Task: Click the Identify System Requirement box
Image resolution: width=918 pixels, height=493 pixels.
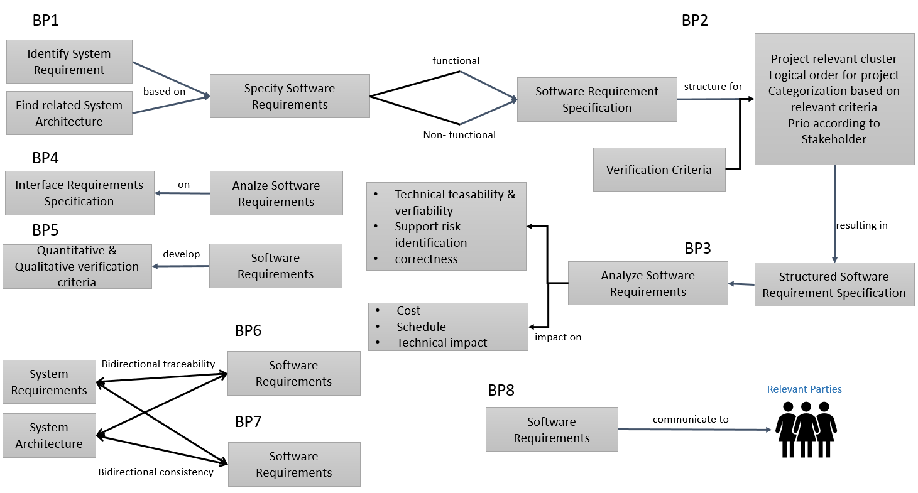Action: pyautogui.click(x=69, y=62)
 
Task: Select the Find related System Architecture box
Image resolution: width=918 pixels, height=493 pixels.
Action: pyautogui.click(x=69, y=113)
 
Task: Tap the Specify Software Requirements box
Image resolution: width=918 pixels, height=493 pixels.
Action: pyautogui.click(x=290, y=96)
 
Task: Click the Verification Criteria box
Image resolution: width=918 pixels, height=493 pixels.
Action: pyautogui.click(x=659, y=170)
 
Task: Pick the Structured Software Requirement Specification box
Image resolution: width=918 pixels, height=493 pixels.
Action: pyautogui.click(x=834, y=284)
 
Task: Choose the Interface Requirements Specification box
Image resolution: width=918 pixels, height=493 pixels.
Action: pyautogui.click(x=79, y=193)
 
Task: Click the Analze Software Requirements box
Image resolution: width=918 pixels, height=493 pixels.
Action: pyautogui.click(x=276, y=193)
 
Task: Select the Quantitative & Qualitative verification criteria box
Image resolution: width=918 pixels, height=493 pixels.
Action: pyautogui.click(x=77, y=266)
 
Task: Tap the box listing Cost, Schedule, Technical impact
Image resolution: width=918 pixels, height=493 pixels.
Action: pyautogui.click(x=448, y=327)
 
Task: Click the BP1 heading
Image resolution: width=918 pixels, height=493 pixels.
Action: pyautogui.click(x=45, y=21)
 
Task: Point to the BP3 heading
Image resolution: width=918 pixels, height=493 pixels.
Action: pyautogui.click(x=697, y=249)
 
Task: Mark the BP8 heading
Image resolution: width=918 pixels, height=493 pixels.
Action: pyautogui.click(x=501, y=390)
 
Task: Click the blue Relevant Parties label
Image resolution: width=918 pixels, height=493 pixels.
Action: pyautogui.click(x=804, y=389)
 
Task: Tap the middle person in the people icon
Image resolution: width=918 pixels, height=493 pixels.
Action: pyautogui.click(x=806, y=430)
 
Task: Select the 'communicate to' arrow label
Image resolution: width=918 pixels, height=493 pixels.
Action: pyautogui.click(x=691, y=419)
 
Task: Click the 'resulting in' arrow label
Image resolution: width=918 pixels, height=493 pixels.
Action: pyautogui.click(x=861, y=225)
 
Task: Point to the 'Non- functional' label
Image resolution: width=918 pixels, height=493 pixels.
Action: pyautogui.click(x=459, y=134)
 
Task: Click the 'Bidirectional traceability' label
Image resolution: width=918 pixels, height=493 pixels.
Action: pyautogui.click(x=158, y=364)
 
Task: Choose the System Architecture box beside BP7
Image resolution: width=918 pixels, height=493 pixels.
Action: pyautogui.click(x=49, y=435)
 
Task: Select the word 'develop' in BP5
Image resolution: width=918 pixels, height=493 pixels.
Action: pyautogui.click(x=181, y=254)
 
